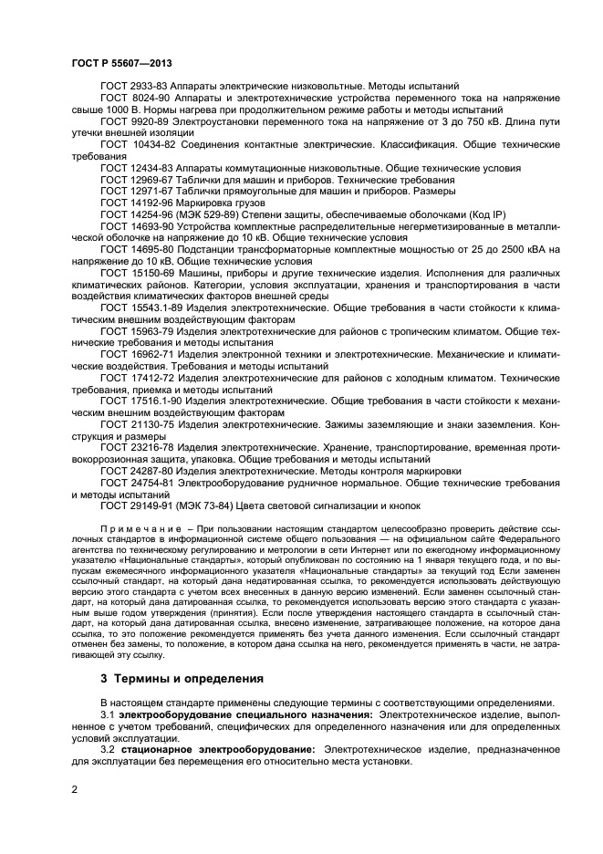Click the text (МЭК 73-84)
pos(205,505)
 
